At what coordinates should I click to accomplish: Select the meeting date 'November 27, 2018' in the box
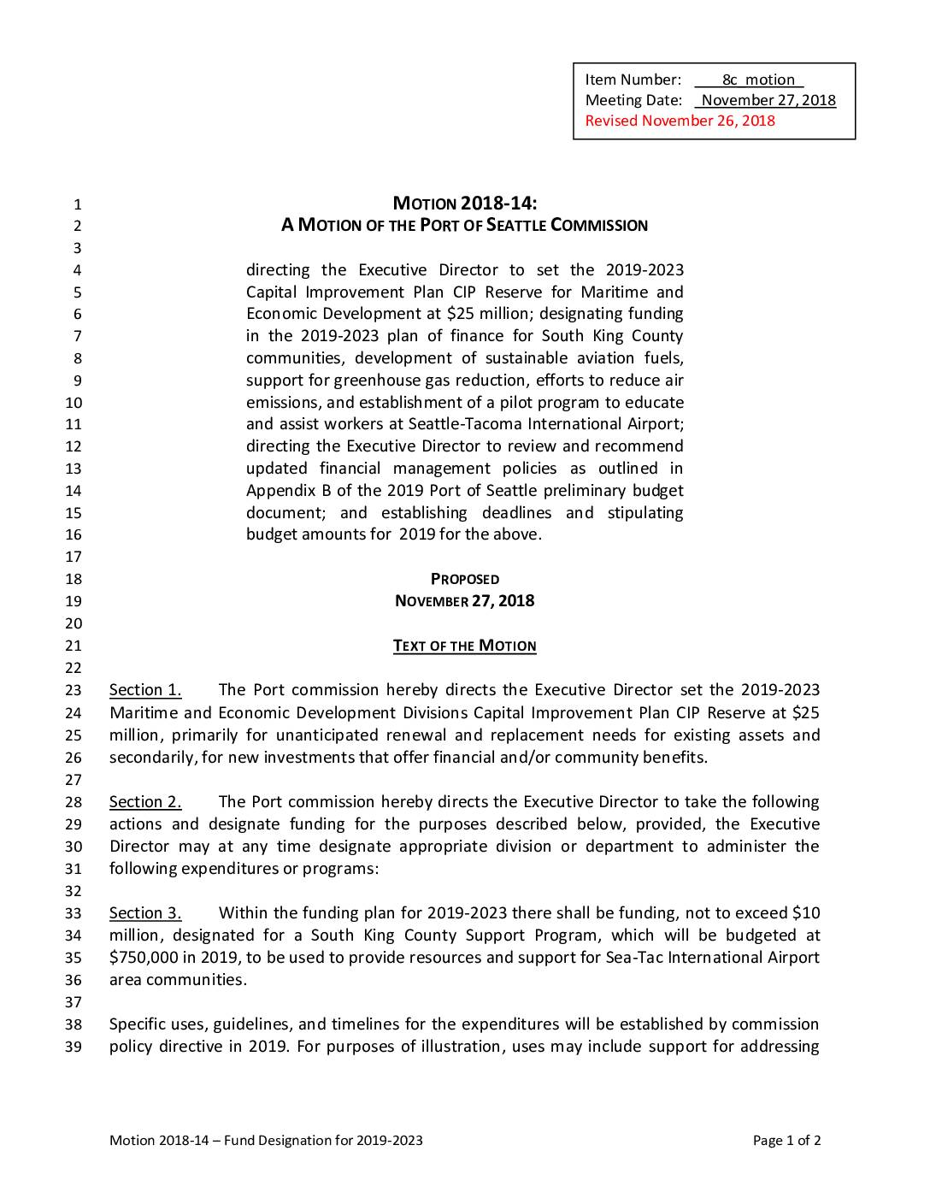768,100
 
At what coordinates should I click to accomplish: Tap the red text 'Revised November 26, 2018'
680,121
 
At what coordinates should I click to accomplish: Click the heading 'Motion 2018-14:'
464,204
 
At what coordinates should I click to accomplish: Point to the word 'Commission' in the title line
599,226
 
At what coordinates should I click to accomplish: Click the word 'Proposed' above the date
464,579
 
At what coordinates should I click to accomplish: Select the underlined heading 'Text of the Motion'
464,646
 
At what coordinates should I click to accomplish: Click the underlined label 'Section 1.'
145,690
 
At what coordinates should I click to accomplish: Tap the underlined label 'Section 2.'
145,802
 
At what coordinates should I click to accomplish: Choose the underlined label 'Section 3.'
145,913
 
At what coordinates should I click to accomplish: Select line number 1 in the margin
77,205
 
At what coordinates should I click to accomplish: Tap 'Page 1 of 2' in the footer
786,1141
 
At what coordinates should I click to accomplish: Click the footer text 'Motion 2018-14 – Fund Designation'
231,1141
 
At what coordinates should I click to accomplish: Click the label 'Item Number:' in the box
633,80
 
